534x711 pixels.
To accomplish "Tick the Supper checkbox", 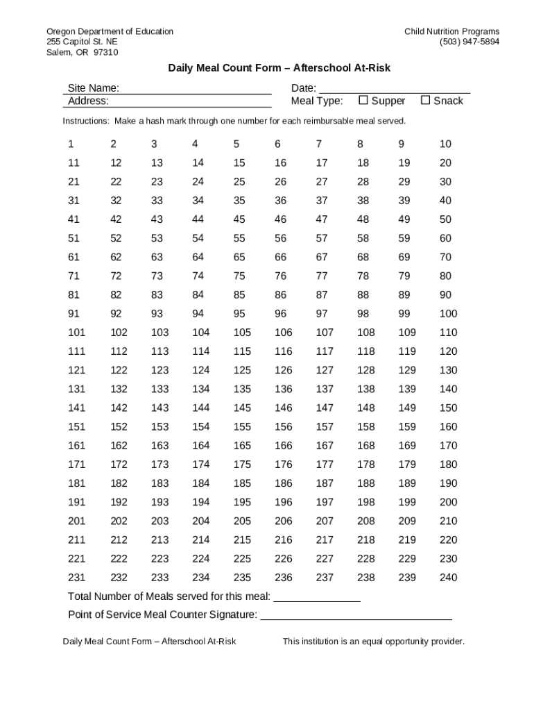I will (x=363, y=100).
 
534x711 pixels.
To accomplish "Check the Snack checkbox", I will (x=425, y=100).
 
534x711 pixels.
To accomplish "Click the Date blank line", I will (x=393, y=89).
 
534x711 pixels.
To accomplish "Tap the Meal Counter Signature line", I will (x=356, y=615).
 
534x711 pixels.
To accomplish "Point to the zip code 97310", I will (x=105, y=52).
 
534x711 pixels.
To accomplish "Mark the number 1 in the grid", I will (x=71, y=144).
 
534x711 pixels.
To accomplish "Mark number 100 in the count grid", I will (x=448, y=314).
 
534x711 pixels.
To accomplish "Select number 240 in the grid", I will (x=448, y=578).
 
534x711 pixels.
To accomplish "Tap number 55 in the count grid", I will (x=239, y=238).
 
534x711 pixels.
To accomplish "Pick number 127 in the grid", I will (x=325, y=370).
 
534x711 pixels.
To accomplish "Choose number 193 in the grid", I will (x=160, y=502).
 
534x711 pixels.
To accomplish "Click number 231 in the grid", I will (x=76, y=578).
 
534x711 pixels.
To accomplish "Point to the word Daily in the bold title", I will (x=180, y=68).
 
